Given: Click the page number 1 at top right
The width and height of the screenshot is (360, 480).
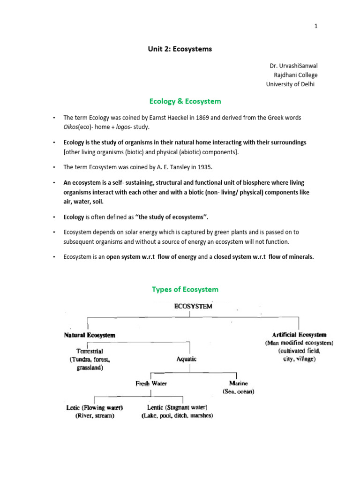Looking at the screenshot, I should point(316,26).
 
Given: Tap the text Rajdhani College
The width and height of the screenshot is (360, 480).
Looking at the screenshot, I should point(295,75).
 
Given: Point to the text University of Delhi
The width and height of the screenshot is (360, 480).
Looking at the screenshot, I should point(291,84).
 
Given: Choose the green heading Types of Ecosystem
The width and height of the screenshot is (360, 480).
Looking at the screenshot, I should point(185,289).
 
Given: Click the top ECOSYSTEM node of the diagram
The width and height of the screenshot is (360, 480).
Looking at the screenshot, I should point(193,306).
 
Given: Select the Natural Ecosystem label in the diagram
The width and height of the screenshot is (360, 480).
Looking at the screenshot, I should point(90,335).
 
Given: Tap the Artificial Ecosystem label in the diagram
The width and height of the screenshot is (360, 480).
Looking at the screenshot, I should point(299,335).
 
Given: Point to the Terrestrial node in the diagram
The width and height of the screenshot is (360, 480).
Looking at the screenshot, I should point(90,351).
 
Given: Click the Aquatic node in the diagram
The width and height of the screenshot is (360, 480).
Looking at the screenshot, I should point(187,359).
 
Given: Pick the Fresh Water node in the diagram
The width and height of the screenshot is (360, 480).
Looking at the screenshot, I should point(151,383).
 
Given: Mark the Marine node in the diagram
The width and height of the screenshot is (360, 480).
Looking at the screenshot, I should point(238,383).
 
